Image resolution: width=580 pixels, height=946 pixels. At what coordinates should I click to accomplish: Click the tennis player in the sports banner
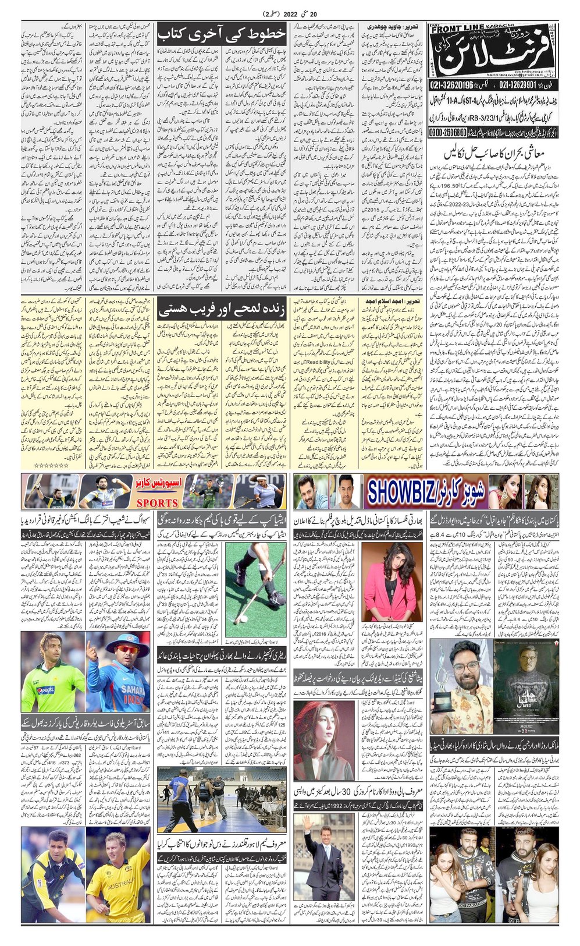pyautogui.click(x=262, y=492)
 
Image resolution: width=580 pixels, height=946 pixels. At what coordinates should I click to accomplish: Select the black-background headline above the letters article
pyautogui.click(x=221, y=34)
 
